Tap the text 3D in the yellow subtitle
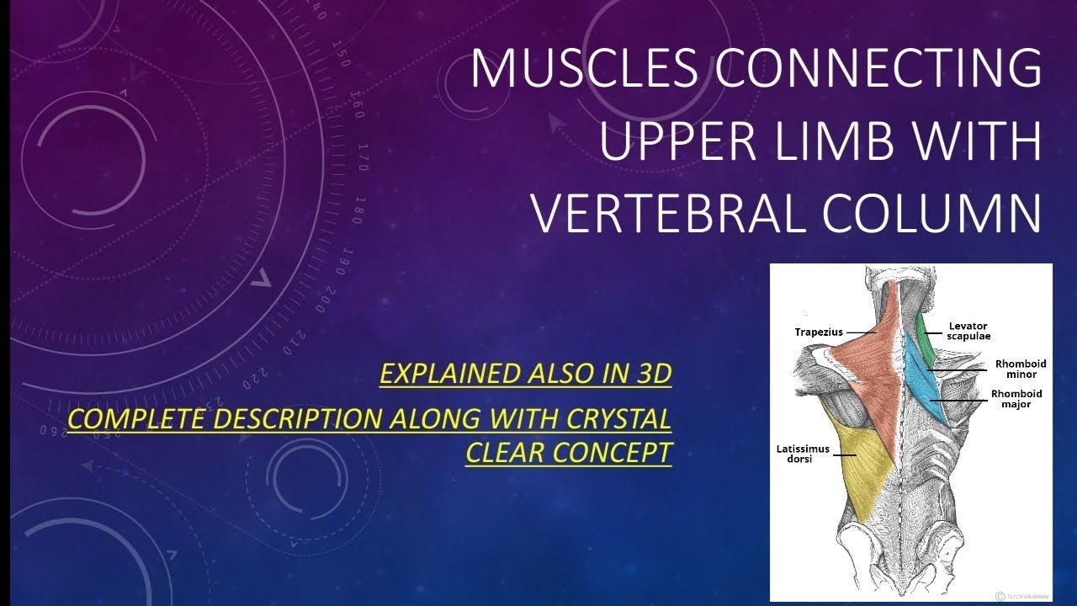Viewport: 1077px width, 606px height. coord(650,374)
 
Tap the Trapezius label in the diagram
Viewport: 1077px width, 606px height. coord(818,332)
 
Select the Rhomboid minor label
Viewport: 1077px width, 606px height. coord(1020,369)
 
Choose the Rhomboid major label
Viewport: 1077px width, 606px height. coord(1016,399)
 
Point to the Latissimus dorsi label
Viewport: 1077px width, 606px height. coord(802,454)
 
